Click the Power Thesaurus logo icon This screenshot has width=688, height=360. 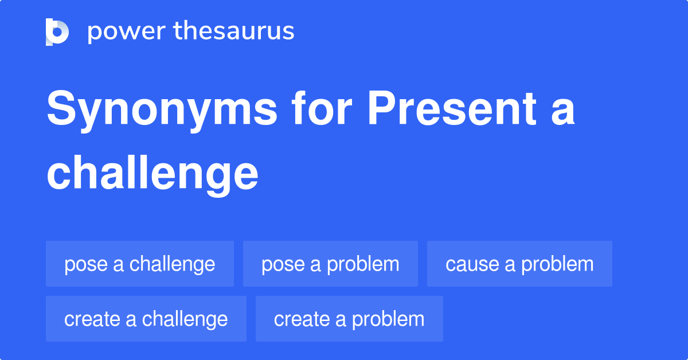(x=57, y=32)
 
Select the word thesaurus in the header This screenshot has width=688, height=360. (x=234, y=32)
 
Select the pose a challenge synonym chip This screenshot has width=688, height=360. (x=140, y=264)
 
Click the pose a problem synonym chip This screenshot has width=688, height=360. (x=330, y=264)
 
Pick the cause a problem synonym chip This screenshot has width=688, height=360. (x=519, y=264)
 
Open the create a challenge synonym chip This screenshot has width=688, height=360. (x=146, y=319)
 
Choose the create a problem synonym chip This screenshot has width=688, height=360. (x=349, y=319)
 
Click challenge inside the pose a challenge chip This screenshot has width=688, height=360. (x=173, y=264)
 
